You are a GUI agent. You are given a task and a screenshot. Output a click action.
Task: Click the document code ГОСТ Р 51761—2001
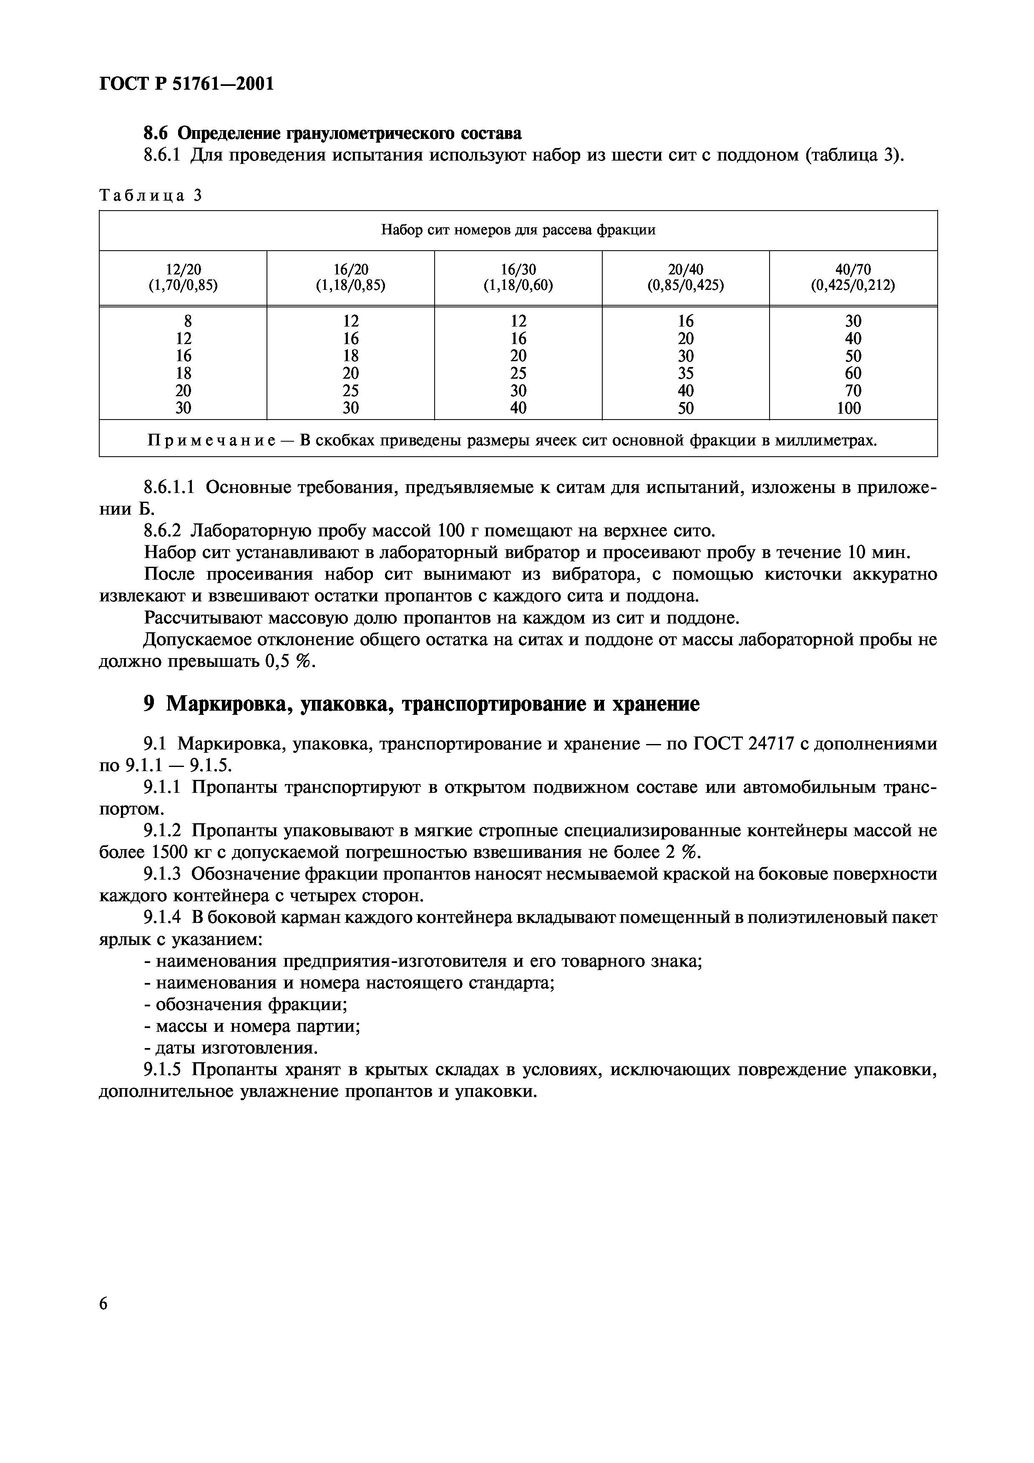click(186, 83)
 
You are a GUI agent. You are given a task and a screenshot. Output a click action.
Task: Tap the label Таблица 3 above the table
click(150, 196)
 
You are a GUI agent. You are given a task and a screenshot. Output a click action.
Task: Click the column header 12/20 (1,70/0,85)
click(183, 278)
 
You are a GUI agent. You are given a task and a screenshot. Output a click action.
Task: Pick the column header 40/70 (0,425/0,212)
click(853, 278)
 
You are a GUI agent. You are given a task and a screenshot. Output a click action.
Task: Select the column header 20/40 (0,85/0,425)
click(686, 278)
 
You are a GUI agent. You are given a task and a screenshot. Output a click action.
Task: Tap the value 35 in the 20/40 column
click(686, 373)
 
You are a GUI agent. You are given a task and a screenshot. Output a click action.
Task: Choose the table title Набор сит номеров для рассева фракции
click(518, 230)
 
